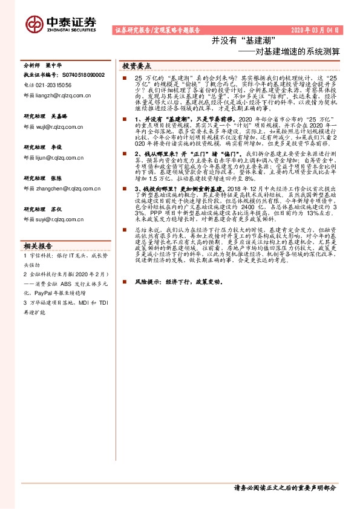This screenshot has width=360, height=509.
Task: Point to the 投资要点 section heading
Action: click(137, 65)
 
